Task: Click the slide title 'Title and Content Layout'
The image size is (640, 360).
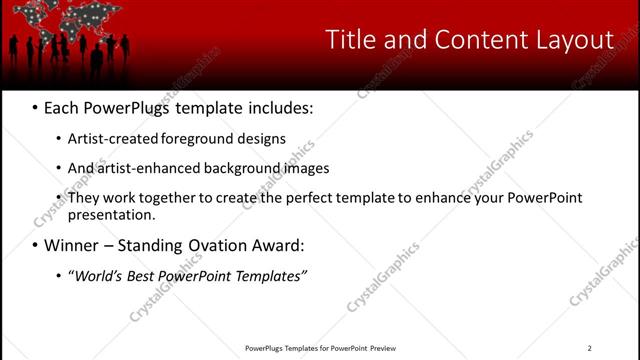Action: tap(469, 40)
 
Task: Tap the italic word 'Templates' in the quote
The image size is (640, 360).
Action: tap(271, 275)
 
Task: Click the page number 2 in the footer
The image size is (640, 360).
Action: tap(589, 348)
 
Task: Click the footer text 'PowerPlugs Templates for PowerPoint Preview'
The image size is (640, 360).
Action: tap(320, 348)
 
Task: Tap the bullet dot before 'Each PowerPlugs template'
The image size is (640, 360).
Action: tap(36, 107)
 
